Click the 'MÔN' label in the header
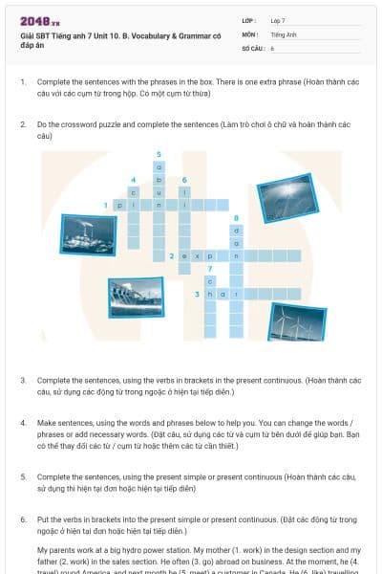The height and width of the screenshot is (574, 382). pos(249,33)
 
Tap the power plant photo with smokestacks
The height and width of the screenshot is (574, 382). pos(88,232)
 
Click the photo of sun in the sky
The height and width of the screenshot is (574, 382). pos(285,197)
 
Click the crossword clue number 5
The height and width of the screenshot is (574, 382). pos(159,154)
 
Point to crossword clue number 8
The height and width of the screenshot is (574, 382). pos(236,218)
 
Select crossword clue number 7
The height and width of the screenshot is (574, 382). pos(209,269)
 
